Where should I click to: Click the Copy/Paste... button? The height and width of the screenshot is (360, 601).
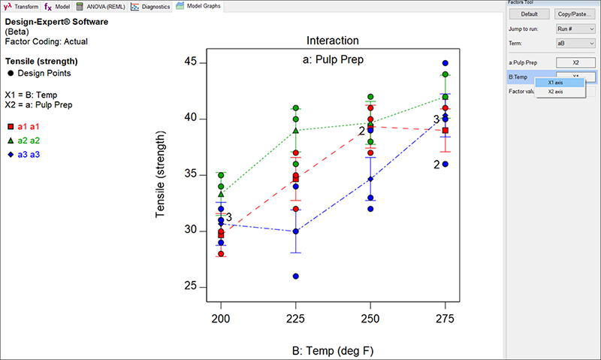point(575,14)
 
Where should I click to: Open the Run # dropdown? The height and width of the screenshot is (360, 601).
point(575,29)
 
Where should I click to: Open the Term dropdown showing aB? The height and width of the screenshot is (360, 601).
point(575,44)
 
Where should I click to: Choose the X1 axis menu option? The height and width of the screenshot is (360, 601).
point(556,82)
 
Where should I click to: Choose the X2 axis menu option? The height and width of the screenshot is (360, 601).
point(556,92)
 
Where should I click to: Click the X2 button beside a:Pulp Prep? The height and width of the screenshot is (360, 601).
point(575,62)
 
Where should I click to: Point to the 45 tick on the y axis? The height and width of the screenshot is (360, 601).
point(192,62)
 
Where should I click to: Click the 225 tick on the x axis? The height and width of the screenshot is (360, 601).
point(295,318)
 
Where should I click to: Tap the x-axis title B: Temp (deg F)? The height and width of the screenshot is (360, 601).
point(333,349)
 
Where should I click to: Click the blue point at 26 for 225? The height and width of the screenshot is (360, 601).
point(296,276)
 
